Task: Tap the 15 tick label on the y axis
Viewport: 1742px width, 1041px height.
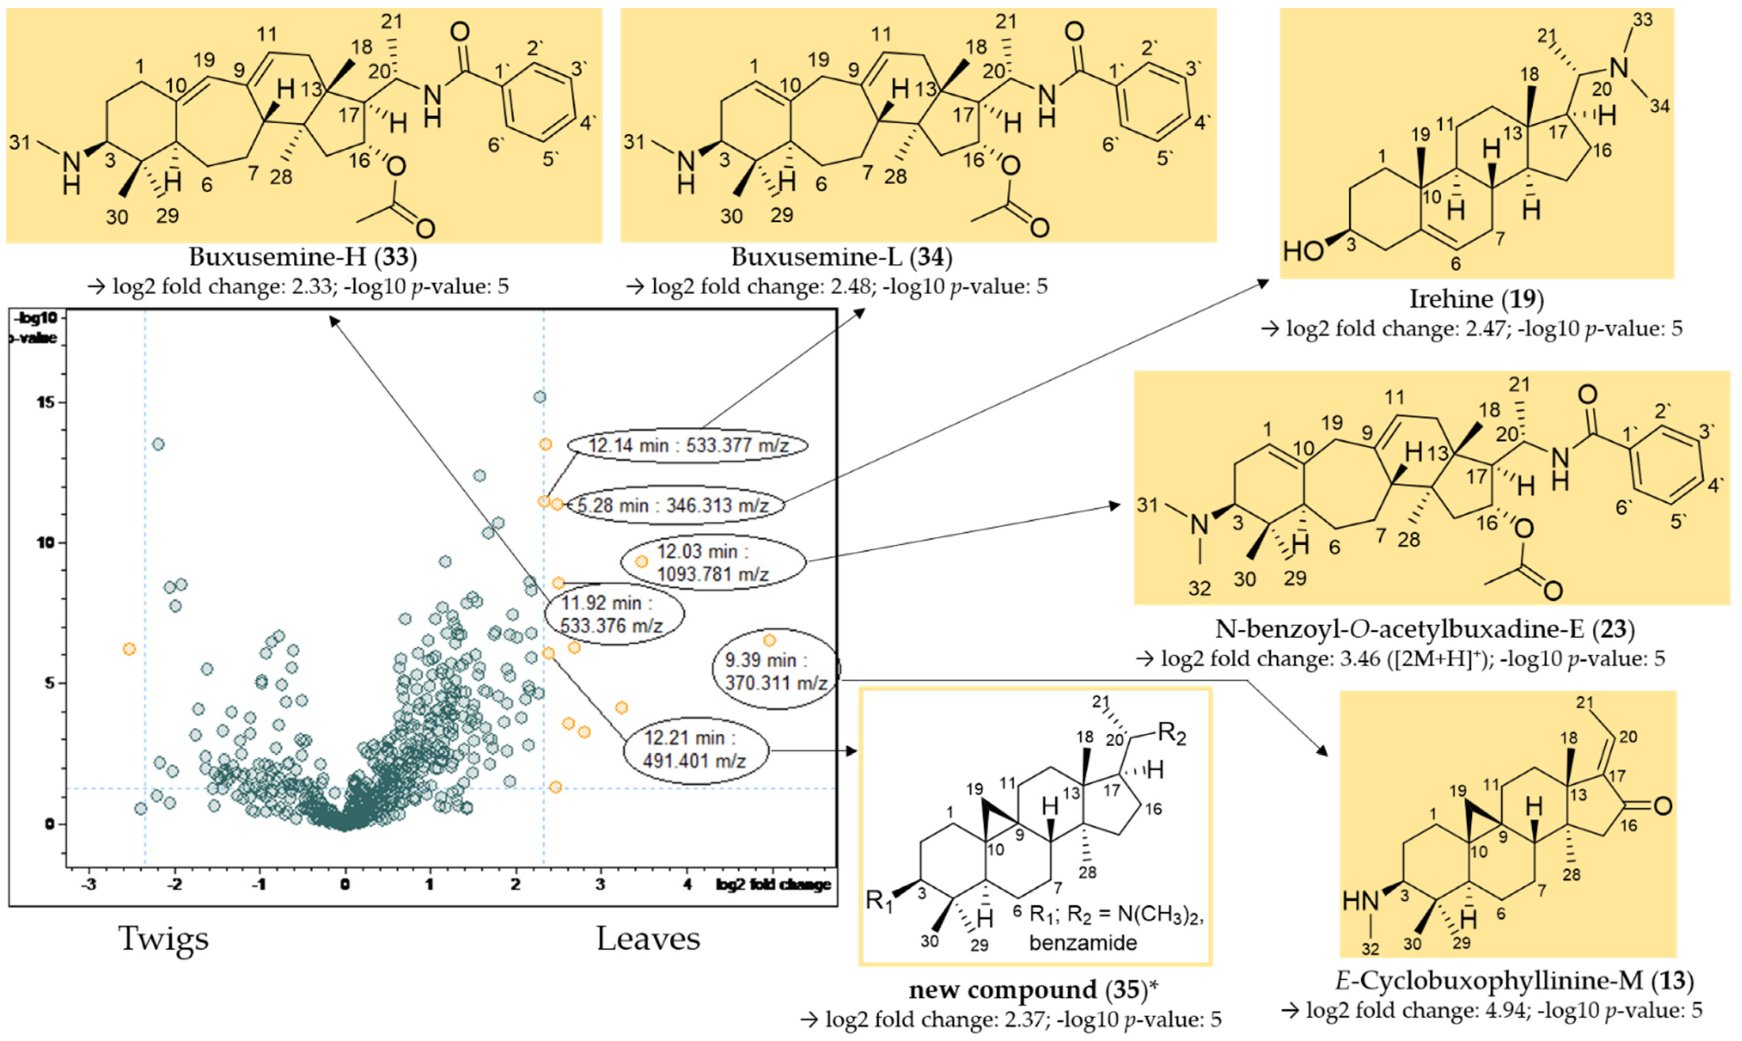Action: [49, 403]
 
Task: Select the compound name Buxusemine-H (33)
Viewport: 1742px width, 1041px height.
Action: [303, 257]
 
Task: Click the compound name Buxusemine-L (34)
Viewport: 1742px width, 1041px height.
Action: [842, 257]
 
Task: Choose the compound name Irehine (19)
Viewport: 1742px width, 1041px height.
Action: [1476, 299]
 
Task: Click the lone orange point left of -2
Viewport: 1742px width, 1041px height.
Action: [129, 649]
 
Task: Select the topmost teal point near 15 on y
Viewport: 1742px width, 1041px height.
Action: [539, 397]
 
